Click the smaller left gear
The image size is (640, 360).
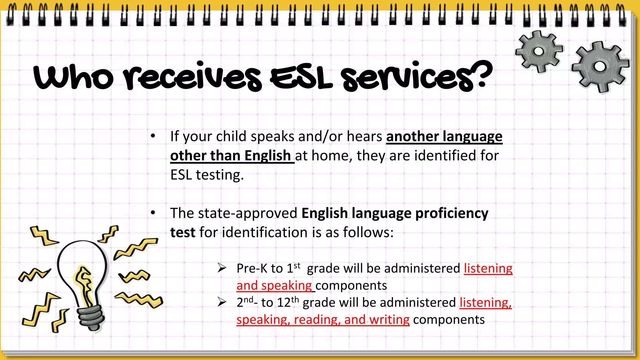pyautogui.click(x=538, y=52)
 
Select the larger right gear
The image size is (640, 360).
pyautogui.click(x=599, y=67)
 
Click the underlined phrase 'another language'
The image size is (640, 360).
pyautogui.click(x=444, y=137)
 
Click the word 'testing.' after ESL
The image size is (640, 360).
pyautogui.click(x=220, y=175)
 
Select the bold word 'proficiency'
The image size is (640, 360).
pyautogui.click(x=452, y=213)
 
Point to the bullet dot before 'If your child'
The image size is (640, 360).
pyautogui.click(x=153, y=136)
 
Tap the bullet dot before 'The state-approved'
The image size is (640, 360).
pyautogui.click(x=153, y=213)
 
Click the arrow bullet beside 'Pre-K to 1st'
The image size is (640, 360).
pyautogui.click(x=222, y=268)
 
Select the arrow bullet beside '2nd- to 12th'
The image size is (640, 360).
pyautogui.click(x=222, y=302)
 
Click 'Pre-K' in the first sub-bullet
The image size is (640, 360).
pyautogui.click(x=252, y=268)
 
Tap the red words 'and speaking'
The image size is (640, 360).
pyautogui.click(x=274, y=286)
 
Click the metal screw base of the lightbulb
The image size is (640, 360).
pyautogui.click(x=91, y=317)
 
